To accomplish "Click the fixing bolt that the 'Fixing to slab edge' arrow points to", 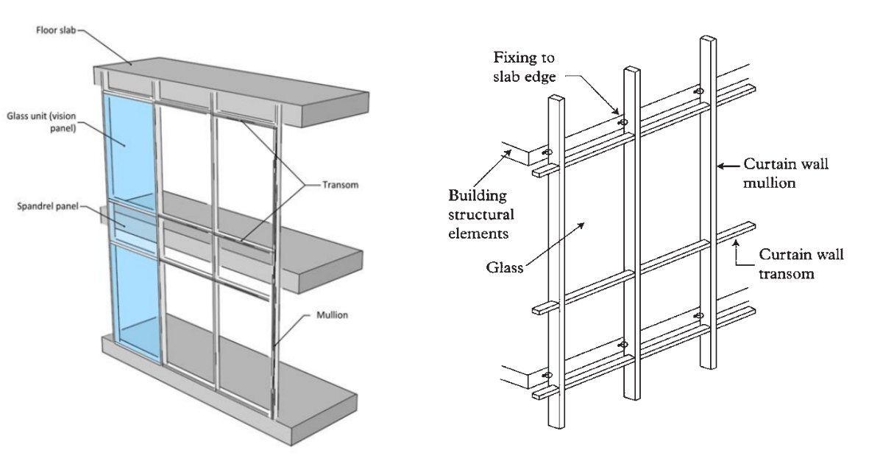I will [624, 122].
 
